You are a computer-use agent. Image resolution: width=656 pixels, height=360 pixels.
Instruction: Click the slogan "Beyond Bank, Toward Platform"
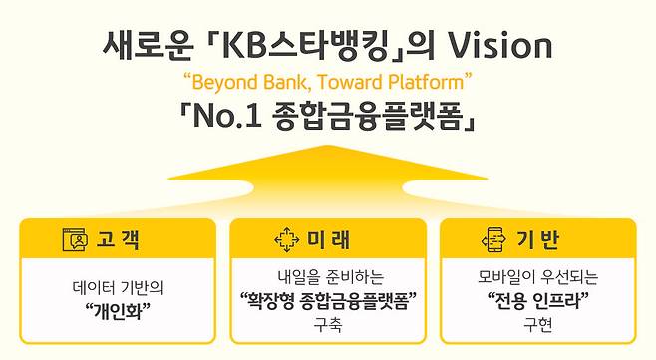coord(327,79)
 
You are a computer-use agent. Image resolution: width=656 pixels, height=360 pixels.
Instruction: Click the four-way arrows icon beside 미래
coord(287,240)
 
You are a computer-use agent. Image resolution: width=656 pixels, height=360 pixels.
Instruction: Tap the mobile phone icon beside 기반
coord(495,240)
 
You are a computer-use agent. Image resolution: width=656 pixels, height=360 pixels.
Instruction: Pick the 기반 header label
coord(538,240)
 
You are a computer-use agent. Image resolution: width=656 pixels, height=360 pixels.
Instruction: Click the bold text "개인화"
coord(118,307)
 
